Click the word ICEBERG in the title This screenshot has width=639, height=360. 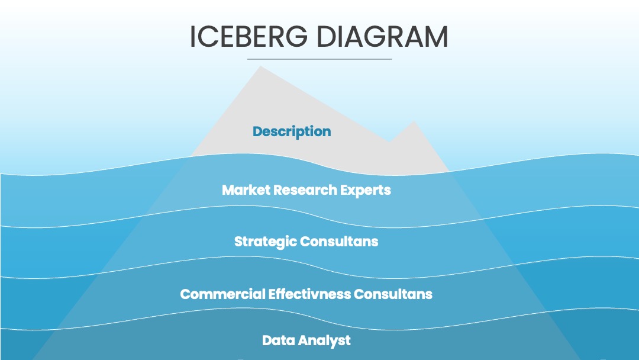pyautogui.click(x=248, y=37)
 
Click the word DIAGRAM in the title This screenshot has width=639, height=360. pyautogui.click(x=382, y=37)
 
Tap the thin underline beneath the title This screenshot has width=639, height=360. pyautogui.click(x=319, y=59)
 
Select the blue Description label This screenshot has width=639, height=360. pyautogui.click(x=292, y=131)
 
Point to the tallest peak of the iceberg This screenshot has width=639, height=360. pyautogui.click(x=260, y=66)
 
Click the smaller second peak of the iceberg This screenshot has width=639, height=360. pyautogui.click(x=414, y=121)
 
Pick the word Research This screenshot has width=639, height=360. pyautogui.click(x=305, y=190)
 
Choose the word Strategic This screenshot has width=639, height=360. pyautogui.click(x=265, y=242)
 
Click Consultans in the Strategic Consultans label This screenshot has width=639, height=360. pyautogui.click(x=339, y=242)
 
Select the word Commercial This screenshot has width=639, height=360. pyautogui.click(x=222, y=294)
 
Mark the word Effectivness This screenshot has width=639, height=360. pyautogui.click(x=309, y=294)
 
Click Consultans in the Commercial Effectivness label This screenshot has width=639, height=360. pyautogui.click(x=393, y=294)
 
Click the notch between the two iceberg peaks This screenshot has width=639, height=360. pyautogui.click(x=389, y=142)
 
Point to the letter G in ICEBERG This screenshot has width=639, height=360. pyautogui.click(x=295, y=37)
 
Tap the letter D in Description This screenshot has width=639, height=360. pyautogui.click(x=257, y=131)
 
